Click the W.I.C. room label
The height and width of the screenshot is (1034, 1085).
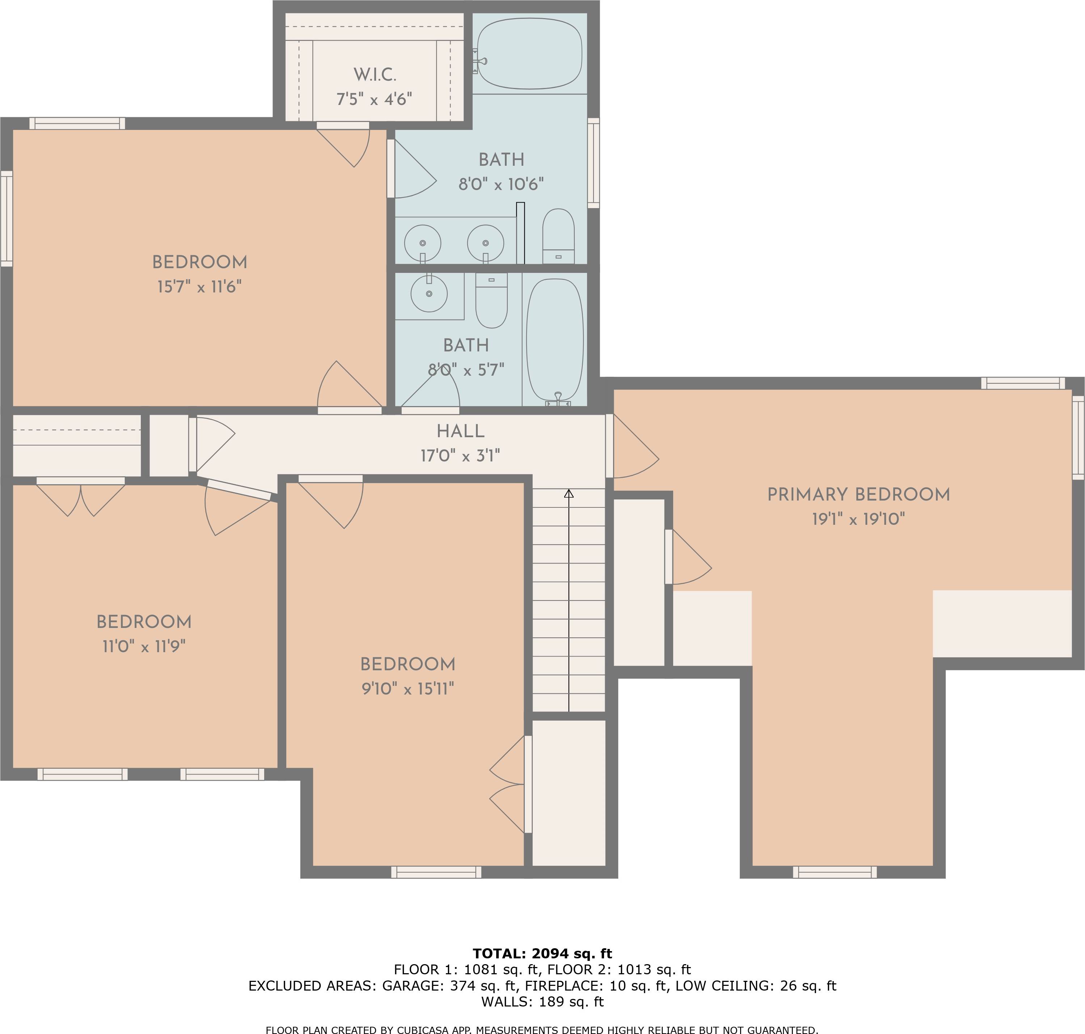click(375, 75)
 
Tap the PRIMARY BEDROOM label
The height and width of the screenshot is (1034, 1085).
click(858, 495)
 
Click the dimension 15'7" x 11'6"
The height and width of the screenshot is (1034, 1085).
click(199, 287)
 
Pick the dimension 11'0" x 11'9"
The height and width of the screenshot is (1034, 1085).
click(144, 646)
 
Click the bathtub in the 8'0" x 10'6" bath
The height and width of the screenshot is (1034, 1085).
click(529, 54)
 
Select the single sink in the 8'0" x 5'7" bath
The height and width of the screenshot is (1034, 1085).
click(429, 293)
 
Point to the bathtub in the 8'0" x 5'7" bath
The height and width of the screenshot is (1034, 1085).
click(555, 342)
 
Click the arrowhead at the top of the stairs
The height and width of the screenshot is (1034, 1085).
click(569, 493)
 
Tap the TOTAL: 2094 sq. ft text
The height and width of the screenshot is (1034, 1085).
click(542, 954)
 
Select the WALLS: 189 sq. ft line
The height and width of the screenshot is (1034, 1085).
click(542, 1001)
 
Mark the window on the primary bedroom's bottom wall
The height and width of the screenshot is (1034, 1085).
click(835, 872)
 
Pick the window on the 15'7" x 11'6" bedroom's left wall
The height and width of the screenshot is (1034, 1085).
click(7, 218)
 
